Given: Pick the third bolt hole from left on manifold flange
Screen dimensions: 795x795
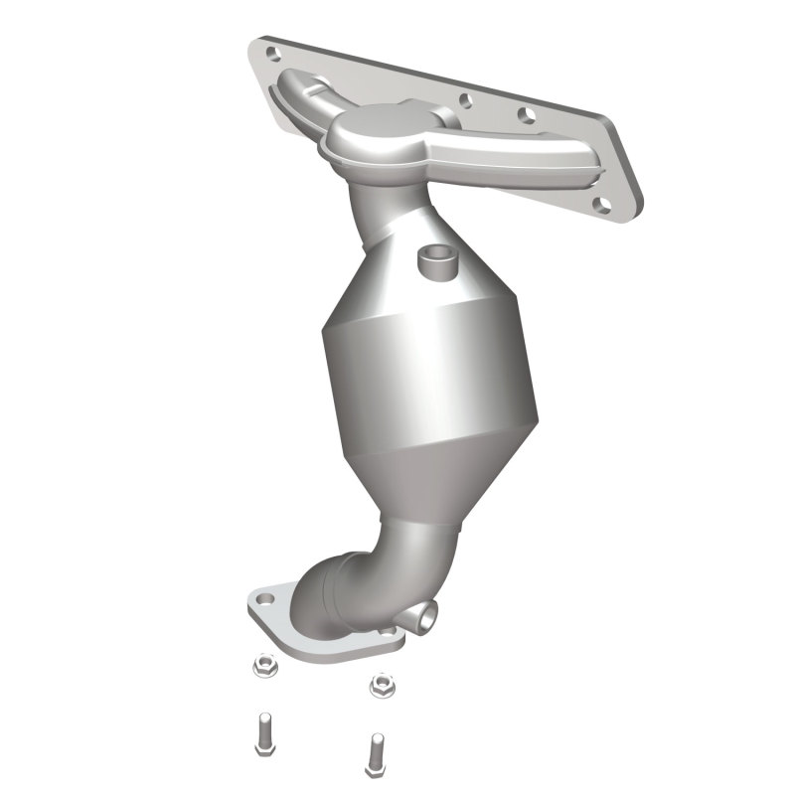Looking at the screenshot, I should click(522, 115).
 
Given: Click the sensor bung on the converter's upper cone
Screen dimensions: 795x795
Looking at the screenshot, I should click(434, 260).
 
